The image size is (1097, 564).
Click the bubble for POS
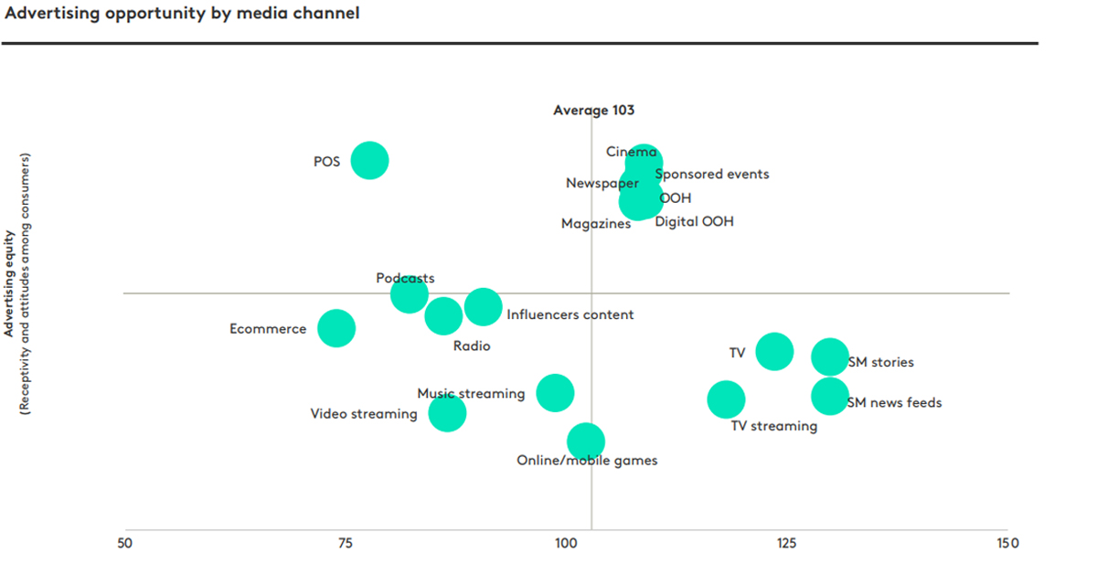369,161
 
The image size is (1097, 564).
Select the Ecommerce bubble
336,328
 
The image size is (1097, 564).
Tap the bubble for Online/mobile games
586,442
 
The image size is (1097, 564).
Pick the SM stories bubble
830,356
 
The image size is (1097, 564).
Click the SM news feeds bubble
830,396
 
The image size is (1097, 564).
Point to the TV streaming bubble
727,399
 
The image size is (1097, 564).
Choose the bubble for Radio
443,316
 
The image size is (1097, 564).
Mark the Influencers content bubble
483,306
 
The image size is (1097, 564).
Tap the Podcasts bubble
409,294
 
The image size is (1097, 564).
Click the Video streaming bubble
447,412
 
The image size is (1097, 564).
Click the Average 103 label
593,111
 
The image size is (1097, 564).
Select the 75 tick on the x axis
345,543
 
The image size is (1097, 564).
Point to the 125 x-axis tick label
785,543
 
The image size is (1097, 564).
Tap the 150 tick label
1006,543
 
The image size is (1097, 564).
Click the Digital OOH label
694,221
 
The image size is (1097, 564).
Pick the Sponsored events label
712,174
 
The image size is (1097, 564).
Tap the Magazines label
596,224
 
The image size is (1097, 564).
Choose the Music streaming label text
471,394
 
